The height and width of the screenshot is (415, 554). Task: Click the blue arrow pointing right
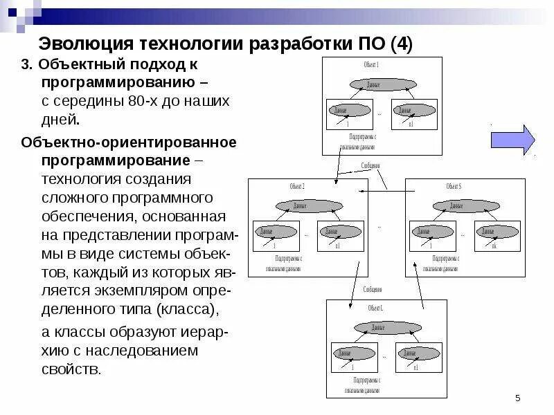(512, 140)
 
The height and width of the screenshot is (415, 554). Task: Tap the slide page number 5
(517, 398)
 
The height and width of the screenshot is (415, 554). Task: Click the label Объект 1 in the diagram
(371, 65)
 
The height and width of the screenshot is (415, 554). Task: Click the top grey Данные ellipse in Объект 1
(374, 85)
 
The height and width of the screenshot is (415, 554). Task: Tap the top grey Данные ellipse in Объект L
(377, 327)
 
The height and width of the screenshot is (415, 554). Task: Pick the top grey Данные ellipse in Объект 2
(300, 206)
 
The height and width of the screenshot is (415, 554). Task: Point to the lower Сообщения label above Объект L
(372, 289)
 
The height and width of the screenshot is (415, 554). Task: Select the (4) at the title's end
(401, 46)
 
